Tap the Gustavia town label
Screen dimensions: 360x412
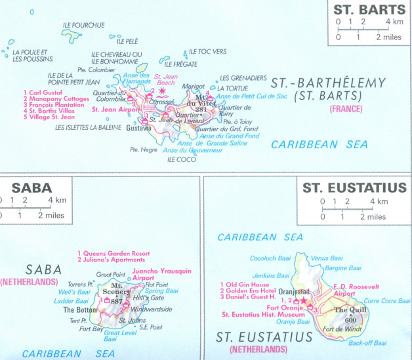pos(139,128)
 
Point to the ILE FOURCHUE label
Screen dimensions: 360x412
pos(83,25)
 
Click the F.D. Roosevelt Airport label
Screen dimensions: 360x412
pos(354,291)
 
